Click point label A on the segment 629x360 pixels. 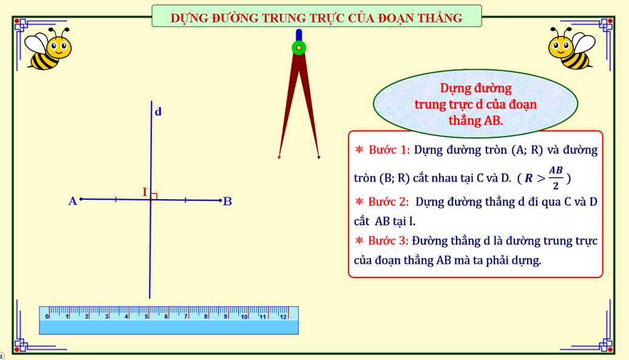pos(73,201)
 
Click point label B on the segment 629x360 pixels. pos(228,201)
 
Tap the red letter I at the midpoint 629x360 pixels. pos(145,192)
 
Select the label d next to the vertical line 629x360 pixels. pos(158,112)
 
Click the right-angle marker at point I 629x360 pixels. pos(154,196)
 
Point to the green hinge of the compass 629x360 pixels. pos(299,48)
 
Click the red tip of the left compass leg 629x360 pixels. pos(279,158)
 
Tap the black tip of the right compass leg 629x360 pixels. pos(319,158)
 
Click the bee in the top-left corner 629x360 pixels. pos(48,49)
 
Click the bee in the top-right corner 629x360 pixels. pos(572,48)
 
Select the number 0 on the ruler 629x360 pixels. pos(47,317)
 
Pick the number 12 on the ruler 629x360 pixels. pos(283,317)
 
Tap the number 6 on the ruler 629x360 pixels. pos(166,317)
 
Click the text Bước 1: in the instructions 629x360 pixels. pos(389,150)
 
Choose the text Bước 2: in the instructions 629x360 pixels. pos(389,202)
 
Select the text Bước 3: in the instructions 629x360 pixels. pos(389,241)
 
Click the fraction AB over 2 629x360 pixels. pos(556,178)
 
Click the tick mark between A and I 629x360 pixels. pos(115,199)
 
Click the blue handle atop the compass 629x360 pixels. pos(299,35)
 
